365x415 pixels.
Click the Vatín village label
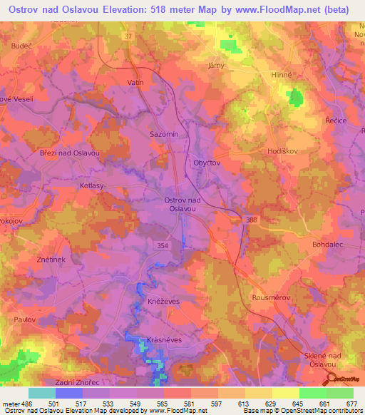(135, 83)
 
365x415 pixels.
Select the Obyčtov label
(207, 163)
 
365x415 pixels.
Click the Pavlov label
(25, 320)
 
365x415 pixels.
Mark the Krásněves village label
(165, 340)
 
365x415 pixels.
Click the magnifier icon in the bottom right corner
(331, 379)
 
